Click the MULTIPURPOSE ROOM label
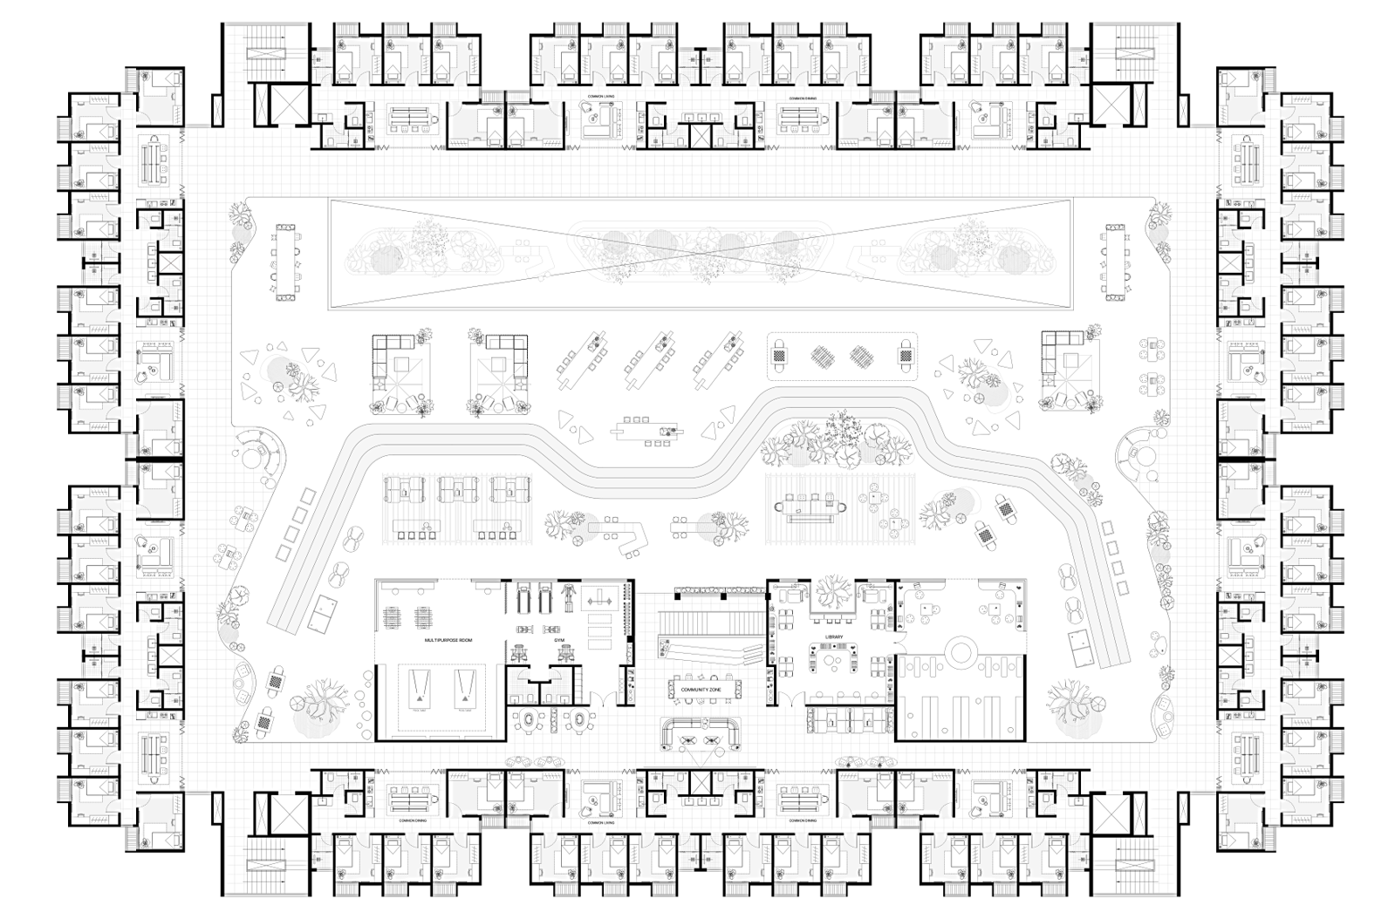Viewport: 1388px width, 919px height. coord(448,641)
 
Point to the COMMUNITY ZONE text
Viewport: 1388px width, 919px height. coord(705,690)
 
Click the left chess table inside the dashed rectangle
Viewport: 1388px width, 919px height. coord(779,356)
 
